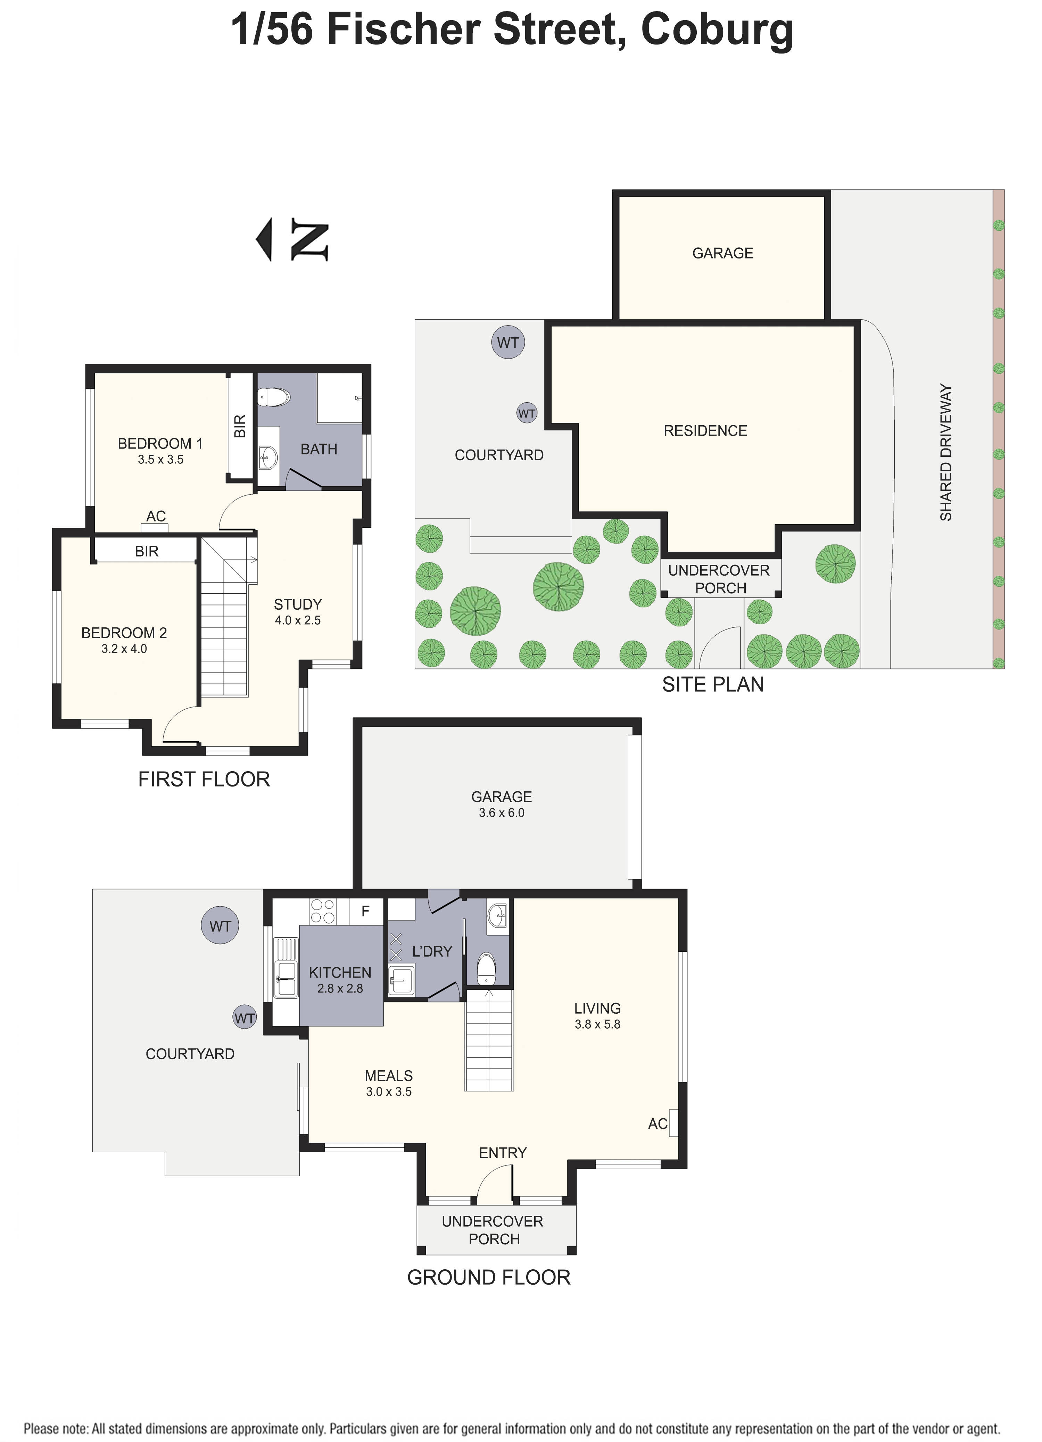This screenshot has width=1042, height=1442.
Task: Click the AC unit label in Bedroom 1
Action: coord(156,516)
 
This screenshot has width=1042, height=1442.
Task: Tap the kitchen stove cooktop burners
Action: coord(322,912)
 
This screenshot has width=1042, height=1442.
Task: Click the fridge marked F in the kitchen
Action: coord(365,911)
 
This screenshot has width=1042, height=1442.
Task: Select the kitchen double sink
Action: coord(286,980)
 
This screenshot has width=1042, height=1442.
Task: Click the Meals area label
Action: coord(388,1076)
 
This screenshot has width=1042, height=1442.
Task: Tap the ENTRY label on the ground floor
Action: coord(502,1153)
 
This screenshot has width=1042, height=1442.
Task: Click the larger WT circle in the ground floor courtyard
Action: coord(220,926)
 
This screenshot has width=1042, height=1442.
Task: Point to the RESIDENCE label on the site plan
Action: coord(705,431)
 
